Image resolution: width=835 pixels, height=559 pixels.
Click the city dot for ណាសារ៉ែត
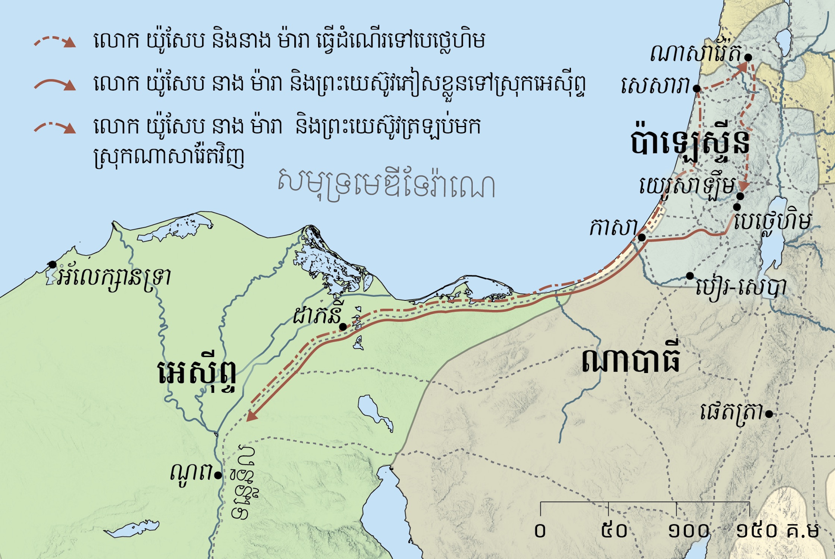click(x=748, y=57)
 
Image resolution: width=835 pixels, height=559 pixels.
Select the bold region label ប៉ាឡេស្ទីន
click(x=690, y=143)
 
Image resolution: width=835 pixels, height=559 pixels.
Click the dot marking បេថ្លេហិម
click(x=737, y=207)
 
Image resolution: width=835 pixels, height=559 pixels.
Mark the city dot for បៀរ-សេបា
click(x=690, y=276)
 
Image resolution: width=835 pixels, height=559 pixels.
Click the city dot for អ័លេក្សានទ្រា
click(x=53, y=265)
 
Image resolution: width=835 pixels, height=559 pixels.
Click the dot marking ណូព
click(x=218, y=475)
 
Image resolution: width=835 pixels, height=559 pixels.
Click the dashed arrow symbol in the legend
click(x=55, y=41)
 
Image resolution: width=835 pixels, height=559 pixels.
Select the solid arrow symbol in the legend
click(x=55, y=85)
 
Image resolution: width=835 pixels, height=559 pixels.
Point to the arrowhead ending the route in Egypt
click(x=252, y=416)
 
